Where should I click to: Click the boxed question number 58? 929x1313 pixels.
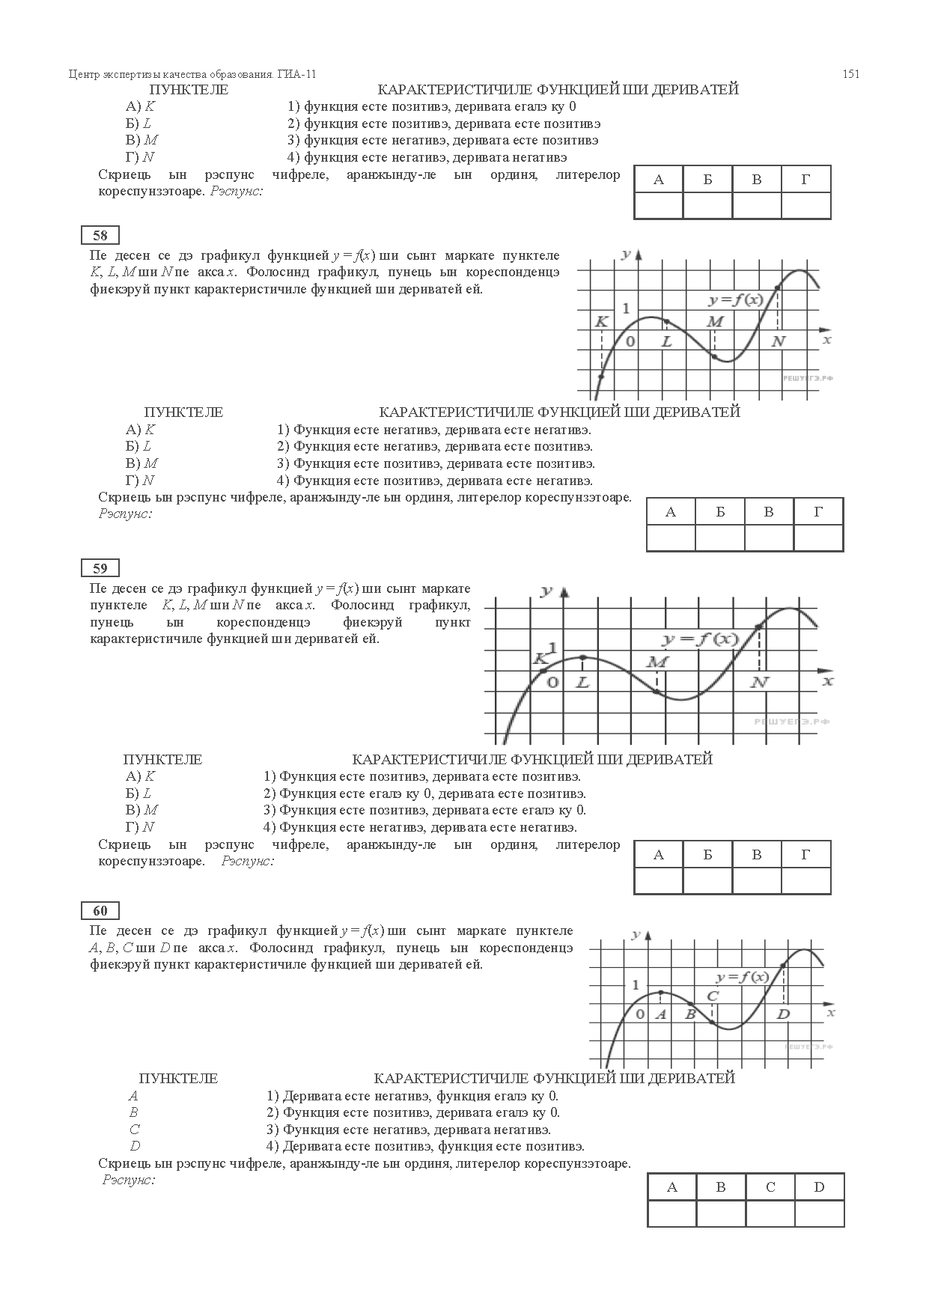tap(100, 236)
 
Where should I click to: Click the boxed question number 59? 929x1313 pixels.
tap(100, 569)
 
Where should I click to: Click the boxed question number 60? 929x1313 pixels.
tap(100, 911)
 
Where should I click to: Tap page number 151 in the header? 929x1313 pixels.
tap(850, 74)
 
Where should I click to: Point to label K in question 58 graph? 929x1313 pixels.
tap(601, 322)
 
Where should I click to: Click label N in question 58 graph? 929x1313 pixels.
tap(779, 341)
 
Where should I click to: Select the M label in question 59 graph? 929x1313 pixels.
tap(657, 662)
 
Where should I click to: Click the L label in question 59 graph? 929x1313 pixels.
tap(582, 682)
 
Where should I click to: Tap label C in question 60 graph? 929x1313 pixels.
tap(713, 996)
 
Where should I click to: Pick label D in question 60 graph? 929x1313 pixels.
tap(783, 1014)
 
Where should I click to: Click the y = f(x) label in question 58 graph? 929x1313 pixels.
tap(736, 300)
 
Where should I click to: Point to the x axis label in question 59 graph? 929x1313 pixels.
tap(827, 682)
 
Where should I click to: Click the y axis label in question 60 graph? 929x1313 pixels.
tap(635, 935)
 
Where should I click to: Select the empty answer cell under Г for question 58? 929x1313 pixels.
tap(818, 537)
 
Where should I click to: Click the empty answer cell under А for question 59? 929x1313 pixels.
tap(659, 880)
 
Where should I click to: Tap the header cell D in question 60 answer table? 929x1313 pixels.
tap(819, 1186)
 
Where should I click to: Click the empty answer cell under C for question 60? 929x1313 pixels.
tap(770, 1213)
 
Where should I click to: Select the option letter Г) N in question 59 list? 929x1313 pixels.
tap(140, 827)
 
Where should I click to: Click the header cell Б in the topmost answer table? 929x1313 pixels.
tap(707, 180)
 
